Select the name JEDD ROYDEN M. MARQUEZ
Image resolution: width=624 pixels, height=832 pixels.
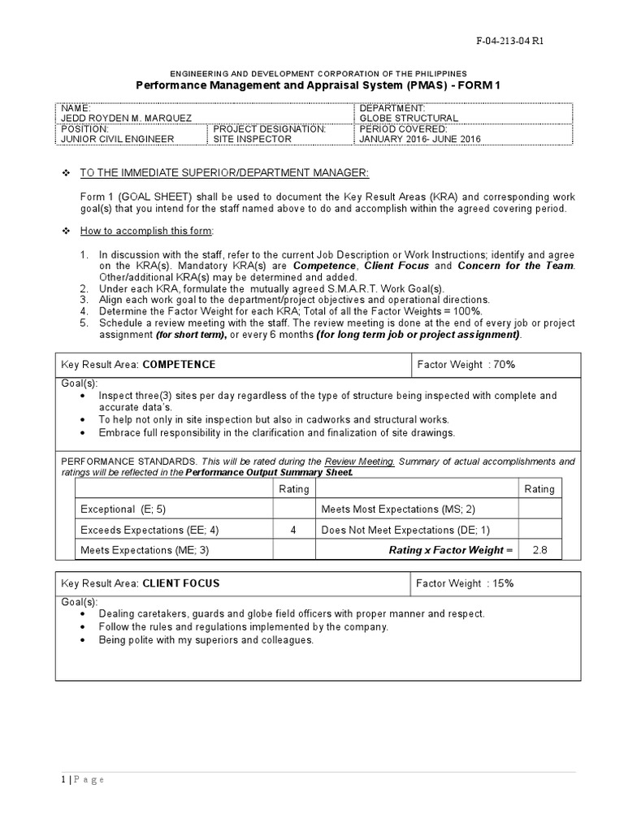coord(126,118)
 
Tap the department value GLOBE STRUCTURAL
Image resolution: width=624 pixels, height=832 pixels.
coord(409,118)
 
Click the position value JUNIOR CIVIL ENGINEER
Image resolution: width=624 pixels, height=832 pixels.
coord(118,139)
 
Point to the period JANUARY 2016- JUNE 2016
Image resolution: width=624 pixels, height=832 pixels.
coord(420,139)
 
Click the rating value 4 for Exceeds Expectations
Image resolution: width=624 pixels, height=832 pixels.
coord(293,530)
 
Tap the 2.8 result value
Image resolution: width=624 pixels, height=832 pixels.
coord(539,550)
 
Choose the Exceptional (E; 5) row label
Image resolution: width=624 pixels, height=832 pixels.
coord(124,509)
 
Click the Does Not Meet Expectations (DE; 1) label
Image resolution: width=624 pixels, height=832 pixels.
coord(405,530)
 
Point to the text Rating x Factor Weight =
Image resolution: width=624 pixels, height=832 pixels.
coord(451,550)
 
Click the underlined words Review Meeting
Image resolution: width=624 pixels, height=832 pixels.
coord(359,461)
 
